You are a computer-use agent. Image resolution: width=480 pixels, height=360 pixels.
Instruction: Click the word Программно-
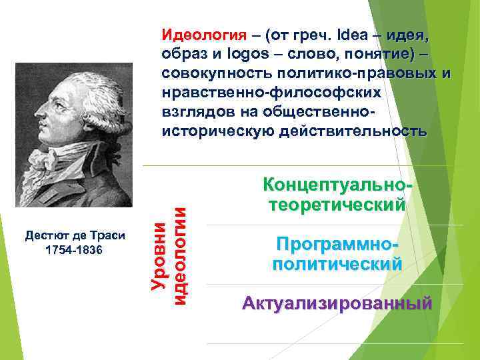(x=337, y=244)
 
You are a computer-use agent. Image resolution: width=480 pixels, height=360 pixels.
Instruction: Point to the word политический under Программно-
(x=337, y=264)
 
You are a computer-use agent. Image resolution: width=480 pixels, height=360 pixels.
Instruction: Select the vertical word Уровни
(x=159, y=256)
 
